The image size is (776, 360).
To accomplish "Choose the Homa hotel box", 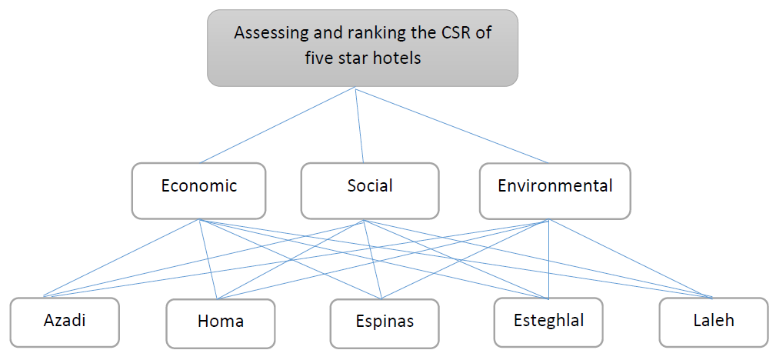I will click(221, 322).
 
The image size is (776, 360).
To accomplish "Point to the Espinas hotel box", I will click(384, 322).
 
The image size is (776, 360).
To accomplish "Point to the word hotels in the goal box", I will click(395, 58).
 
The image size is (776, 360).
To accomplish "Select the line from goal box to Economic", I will click(277, 125).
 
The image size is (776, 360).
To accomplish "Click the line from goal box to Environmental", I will click(452, 125).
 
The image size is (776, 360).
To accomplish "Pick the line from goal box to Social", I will click(360, 125).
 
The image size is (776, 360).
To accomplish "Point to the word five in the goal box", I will click(318, 58).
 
